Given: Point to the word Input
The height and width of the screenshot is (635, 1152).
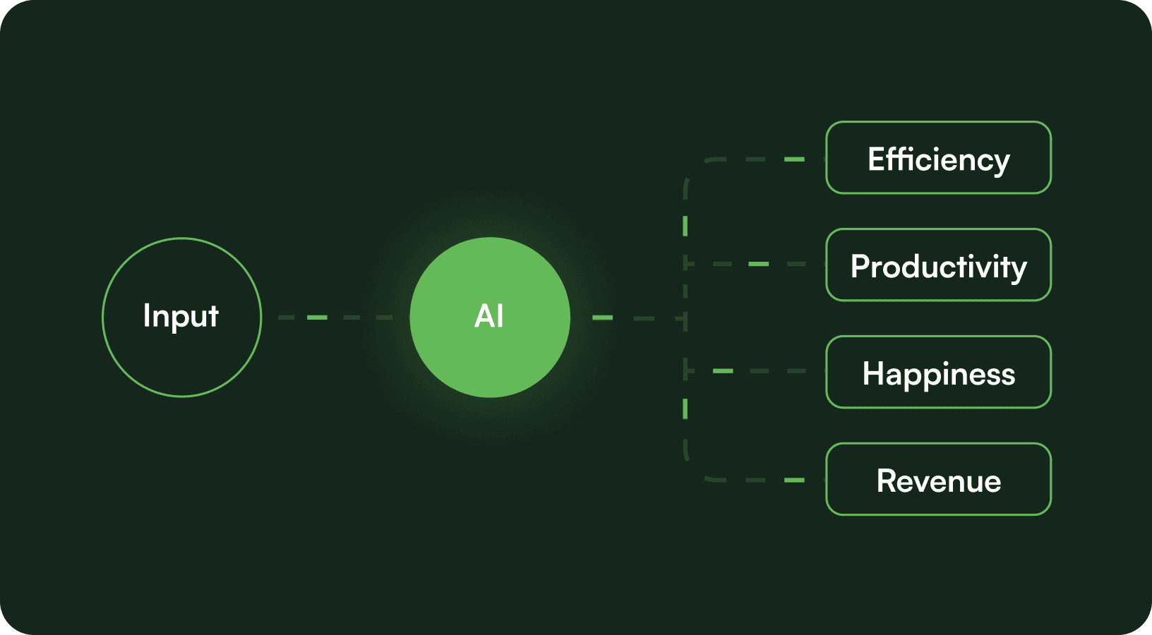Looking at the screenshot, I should [x=181, y=315].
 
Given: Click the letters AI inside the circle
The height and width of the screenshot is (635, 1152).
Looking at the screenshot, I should [x=489, y=316].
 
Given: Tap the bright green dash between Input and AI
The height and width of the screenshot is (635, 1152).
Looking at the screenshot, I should [x=317, y=317].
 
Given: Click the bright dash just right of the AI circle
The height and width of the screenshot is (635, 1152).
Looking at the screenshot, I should [x=602, y=317].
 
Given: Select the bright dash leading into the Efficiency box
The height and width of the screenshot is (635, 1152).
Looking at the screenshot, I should [x=794, y=159].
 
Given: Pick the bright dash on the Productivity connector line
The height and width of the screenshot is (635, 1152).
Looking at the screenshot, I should [x=758, y=264].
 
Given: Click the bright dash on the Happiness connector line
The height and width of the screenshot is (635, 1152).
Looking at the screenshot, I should [x=723, y=371].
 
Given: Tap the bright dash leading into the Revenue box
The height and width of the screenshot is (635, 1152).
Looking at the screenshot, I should [x=794, y=480].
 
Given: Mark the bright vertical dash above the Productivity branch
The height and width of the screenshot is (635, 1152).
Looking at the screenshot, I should [x=685, y=226].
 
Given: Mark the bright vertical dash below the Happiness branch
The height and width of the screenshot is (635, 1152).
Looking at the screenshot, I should [x=685, y=409].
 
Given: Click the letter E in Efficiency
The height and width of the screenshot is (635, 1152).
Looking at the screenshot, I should [x=875, y=159].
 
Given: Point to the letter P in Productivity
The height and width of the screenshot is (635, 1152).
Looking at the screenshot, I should [x=859, y=267].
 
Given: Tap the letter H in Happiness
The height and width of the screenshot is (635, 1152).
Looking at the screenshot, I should [x=872, y=374].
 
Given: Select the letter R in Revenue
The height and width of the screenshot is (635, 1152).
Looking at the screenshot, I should [x=886, y=481].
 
